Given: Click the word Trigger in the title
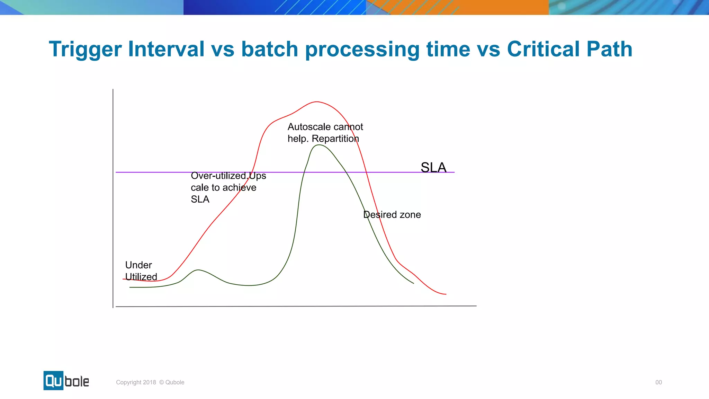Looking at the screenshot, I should click(85, 49).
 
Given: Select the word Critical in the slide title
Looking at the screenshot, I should click(543, 49).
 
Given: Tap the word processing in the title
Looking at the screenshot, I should click(362, 49).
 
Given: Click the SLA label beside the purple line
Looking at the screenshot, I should click(433, 168).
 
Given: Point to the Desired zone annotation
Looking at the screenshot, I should click(392, 215).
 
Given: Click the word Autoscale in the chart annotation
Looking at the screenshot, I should click(309, 127).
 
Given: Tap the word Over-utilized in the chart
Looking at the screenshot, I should click(219, 176).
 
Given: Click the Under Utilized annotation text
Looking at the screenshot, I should click(141, 271).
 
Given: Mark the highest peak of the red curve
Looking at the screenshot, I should click(317, 102).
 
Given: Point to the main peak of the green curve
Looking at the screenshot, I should click(319, 145).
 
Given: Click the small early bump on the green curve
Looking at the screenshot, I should click(198, 270).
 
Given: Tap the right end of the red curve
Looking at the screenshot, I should click(446, 294).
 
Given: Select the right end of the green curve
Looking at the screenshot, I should click(413, 283).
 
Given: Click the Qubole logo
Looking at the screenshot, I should click(66, 381).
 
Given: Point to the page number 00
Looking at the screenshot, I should click(658, 382).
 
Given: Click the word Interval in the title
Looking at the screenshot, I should click(166, 49).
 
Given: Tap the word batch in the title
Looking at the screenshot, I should click(269, 49).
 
